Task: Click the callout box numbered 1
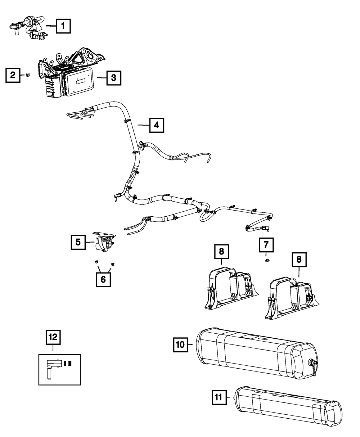(x=63, y=26)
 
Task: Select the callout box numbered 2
(x=13, y=75)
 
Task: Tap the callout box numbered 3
(x=114, y=78)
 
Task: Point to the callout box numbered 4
(x=157, y=125)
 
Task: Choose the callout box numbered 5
(x=78, y=242)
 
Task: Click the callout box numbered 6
(x=103, y=279)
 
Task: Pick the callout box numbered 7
(x=266, y=245)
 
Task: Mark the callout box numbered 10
(x=181, y=344)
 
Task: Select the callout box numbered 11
(x=219, y=397)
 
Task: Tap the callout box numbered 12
(x=53, y=337)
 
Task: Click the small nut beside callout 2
(x=27, y=75)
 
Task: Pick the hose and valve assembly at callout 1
(x=28, y=28)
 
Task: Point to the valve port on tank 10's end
(x=313, y=362)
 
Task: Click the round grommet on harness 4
(x=141, y=144)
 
